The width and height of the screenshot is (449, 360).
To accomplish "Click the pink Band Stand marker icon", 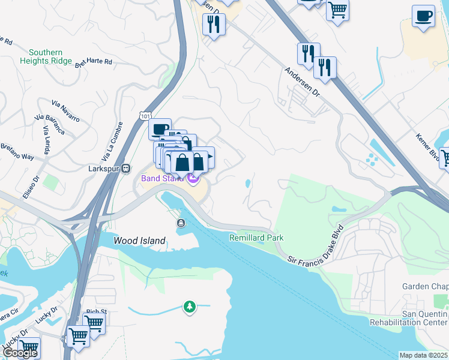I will click(x=193, y=178).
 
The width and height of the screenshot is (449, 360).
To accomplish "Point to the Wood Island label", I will click(x=139, y=241).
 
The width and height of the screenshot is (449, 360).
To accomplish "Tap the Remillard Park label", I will click(x=256, y=238).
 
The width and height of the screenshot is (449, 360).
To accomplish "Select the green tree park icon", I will click(x=190, y=308).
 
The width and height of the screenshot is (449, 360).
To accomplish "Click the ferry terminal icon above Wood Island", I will click(x=181, y=223).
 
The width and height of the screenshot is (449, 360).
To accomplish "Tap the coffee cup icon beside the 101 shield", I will click(x=160, y=129).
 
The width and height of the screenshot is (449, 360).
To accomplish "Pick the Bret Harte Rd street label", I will click(x=94, y=62).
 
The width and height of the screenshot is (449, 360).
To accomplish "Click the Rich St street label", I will click(x=96, y=311).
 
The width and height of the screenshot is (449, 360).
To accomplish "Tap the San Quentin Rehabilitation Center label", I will click(x=424, y=318).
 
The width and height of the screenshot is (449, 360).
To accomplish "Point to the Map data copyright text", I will click(x=424, y=355).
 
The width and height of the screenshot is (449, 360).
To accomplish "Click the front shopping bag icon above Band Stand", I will click(x=182, y=163).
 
